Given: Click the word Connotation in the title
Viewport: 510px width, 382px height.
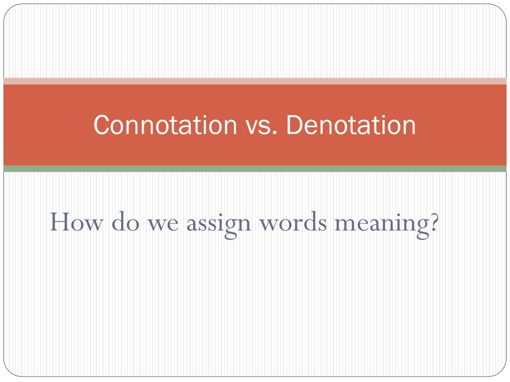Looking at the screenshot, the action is (x=165, y=125).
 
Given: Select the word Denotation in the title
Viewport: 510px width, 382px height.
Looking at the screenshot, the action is (x=351, y=125).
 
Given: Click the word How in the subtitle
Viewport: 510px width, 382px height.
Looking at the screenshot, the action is (x=76, y=222).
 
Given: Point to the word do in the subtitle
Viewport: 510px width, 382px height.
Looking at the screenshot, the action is (x=126, y=221).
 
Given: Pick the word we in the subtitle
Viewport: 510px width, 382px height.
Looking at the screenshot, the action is (x=163, y=224).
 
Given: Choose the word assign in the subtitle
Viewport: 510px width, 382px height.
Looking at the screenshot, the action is (x=219, y=224).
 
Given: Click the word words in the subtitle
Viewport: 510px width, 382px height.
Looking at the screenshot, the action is (x=293, y=221).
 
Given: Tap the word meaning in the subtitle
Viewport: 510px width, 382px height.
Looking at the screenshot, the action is (x=382, y=224).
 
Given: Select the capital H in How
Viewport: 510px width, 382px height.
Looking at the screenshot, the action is (x=61, y=222).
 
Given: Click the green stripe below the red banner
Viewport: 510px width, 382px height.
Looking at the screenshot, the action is (x=255, y=169).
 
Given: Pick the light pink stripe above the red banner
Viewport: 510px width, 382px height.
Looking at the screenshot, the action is (x=255, y=81).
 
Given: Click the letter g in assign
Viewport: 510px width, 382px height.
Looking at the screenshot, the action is (x=231, y=228).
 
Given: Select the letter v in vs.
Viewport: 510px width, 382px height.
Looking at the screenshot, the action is (x=253, y=127).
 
